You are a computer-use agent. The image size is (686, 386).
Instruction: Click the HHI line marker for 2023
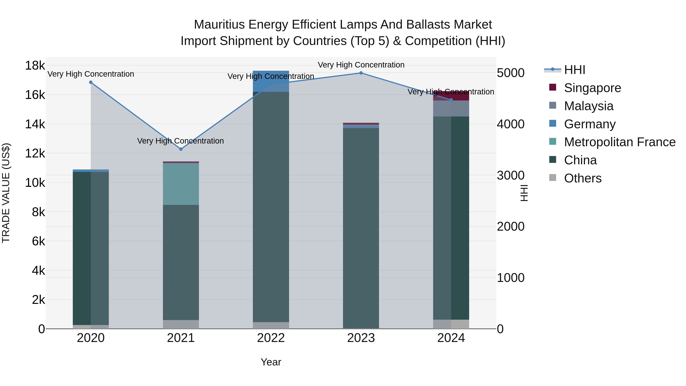361,73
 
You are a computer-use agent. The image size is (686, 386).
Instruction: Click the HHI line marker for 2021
181,149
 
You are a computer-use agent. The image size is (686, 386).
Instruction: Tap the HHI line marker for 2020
91,82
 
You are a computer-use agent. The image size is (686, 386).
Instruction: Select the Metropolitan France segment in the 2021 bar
181,184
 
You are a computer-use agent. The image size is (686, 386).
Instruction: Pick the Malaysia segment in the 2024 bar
451,108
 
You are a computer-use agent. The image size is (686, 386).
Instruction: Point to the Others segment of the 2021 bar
181,324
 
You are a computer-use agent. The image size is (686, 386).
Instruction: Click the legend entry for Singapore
592,88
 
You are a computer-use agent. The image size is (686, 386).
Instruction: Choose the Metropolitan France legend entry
619,142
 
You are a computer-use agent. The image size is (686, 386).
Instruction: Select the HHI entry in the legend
574,70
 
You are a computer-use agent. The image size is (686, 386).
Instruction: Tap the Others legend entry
582,178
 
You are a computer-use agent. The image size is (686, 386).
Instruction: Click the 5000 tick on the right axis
510,73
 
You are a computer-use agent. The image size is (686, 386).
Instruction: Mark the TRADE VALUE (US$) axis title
6,193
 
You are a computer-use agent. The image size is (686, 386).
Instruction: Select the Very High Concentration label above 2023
361,65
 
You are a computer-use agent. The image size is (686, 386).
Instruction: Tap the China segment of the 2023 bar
361,226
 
